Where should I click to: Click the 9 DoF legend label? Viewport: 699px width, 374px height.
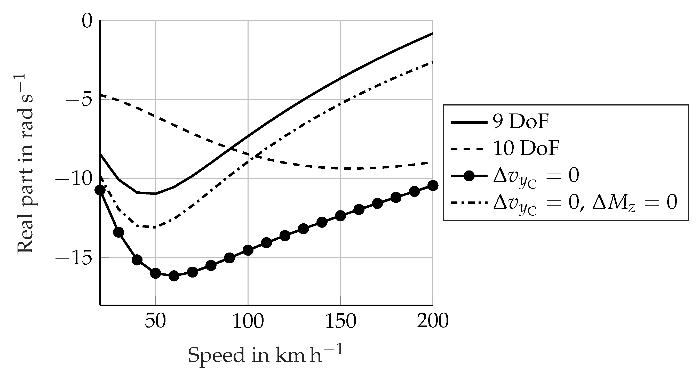point(521,122)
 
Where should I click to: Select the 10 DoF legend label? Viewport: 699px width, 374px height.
point(526,149)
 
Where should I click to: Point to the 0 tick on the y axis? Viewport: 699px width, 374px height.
point(87,21)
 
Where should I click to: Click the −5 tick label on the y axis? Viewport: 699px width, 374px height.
point(79,100)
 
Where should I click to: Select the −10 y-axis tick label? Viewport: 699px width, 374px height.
point(74,179)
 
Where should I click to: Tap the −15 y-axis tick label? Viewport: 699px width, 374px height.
point(74,258)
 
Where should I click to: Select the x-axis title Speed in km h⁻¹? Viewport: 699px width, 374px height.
point(265,355)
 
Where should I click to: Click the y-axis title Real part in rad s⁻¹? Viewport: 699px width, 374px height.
point(25,164)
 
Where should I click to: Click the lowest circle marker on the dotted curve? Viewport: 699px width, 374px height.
point(174,276)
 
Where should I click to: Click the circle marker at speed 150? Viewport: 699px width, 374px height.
point(340,216)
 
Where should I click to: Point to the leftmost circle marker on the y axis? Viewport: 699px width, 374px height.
point(100,190)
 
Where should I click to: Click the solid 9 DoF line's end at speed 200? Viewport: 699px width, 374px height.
point(432,34)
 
